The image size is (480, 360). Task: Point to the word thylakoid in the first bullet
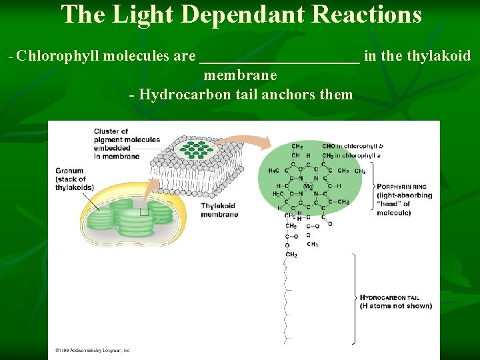[x=439, y=56]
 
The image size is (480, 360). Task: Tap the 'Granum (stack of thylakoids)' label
[x=74, y=179]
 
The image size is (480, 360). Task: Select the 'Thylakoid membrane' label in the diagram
[x=219, y=210]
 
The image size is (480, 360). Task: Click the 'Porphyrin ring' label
[x=404, y=199]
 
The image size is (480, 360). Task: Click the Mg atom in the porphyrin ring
[x=308, y=186]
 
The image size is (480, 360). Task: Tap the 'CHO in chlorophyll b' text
[x=352, y=146]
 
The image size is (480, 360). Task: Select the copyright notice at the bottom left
[x=93, y=349]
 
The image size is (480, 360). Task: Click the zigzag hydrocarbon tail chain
[x=287, y=300]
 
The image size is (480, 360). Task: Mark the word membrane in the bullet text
[x=240, y=76]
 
